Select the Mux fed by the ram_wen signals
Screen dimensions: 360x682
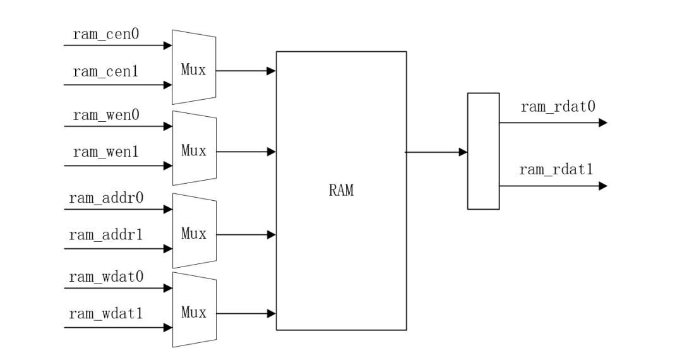pos(194,151)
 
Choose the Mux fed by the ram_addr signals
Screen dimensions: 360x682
pos(194,234)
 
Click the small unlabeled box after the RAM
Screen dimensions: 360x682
pos(483,151)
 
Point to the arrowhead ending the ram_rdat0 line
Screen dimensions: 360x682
pos(602,123)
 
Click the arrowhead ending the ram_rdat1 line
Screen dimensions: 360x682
pos(602,186)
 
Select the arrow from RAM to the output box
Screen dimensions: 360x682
pos(436,152)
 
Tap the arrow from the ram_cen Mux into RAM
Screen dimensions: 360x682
pos(246,71)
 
